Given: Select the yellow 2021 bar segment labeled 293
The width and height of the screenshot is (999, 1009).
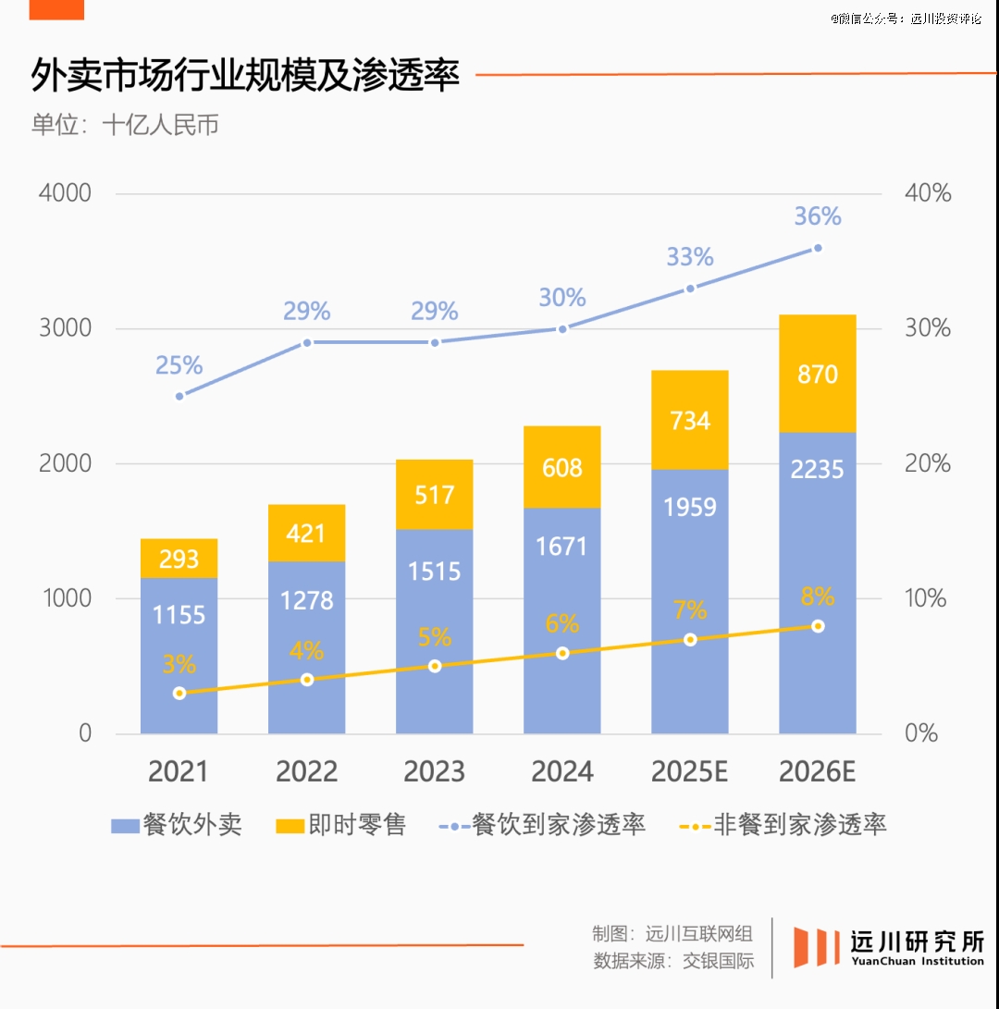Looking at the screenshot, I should [x=179, y=558].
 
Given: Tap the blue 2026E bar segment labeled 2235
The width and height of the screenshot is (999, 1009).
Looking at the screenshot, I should [x=818, y=583].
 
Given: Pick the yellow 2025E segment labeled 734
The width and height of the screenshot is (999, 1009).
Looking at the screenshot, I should [x=690, y=420].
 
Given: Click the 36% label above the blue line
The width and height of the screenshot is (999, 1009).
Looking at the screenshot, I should [x=818, y=216].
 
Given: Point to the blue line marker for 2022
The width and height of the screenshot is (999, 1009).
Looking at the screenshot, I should [x=307, y=342].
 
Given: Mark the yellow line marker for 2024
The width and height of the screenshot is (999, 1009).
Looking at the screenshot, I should [x=562, y=653].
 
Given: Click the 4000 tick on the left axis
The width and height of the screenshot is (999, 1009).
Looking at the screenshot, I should [x=65, y=193].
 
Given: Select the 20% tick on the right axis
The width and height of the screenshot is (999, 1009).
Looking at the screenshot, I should [x=928, y=463].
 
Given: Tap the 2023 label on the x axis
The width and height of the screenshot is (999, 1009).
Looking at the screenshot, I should [x=435, y=771].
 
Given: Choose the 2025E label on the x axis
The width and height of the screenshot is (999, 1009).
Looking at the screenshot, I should [x=690, y=771].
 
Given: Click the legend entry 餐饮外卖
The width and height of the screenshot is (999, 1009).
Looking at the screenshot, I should [x=177, y=825].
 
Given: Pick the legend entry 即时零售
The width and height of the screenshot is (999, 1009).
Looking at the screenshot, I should [x=341, y=825].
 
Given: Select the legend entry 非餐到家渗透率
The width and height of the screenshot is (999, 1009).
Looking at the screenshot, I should [x=783, y=825].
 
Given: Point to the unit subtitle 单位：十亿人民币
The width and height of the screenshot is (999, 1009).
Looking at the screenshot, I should [x=125, y=126].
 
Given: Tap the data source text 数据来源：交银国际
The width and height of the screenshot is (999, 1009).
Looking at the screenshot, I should [x=673, y=960].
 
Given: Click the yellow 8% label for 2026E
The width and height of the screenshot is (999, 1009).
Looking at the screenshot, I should [x=818, y=597].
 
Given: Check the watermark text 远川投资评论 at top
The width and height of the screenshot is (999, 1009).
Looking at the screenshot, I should [x=945, y=18].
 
